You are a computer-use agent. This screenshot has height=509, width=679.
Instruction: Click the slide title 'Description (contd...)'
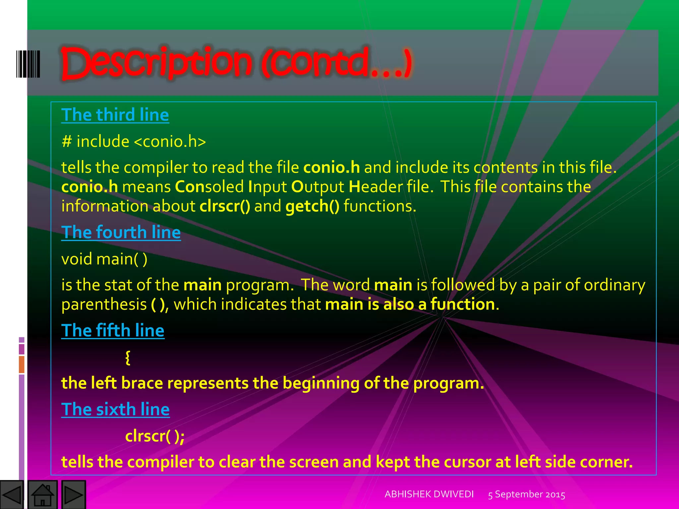click(x=236, y=63)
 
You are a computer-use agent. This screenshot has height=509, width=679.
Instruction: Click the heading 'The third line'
click(x=115, y=115)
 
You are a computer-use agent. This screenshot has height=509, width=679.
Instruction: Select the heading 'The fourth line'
click(x=121, y=232)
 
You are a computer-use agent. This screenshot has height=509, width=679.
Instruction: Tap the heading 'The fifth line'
click(x=113, y=330)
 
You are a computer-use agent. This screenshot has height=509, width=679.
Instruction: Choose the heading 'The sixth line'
click(x=115, y=409)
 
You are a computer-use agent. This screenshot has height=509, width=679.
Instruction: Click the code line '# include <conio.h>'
click(x=134, y=141)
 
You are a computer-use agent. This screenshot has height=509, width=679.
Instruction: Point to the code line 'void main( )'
click(x=104, y=259)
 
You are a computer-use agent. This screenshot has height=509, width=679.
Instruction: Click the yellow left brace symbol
click(x=128, y=358)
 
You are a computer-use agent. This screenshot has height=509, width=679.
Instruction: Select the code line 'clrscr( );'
click(x=155, y=436)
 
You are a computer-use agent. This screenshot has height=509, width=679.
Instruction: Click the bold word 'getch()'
click(x=312, y=206)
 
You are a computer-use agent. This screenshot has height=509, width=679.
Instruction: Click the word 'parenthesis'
click(x=104, y=305)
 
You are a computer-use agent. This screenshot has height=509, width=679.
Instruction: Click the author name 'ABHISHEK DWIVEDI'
click(x=429, y=494)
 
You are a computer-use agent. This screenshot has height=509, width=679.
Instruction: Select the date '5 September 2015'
click(x=526, y=494)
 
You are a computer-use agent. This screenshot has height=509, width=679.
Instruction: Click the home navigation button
click(x=42, y=494)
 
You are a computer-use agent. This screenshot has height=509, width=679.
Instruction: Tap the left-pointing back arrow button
click(x=12, y=494)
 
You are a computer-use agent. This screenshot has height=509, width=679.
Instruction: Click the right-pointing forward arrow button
click(x=73, y=494)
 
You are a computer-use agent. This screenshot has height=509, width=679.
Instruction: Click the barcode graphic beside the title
click(x=28, y=64)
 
